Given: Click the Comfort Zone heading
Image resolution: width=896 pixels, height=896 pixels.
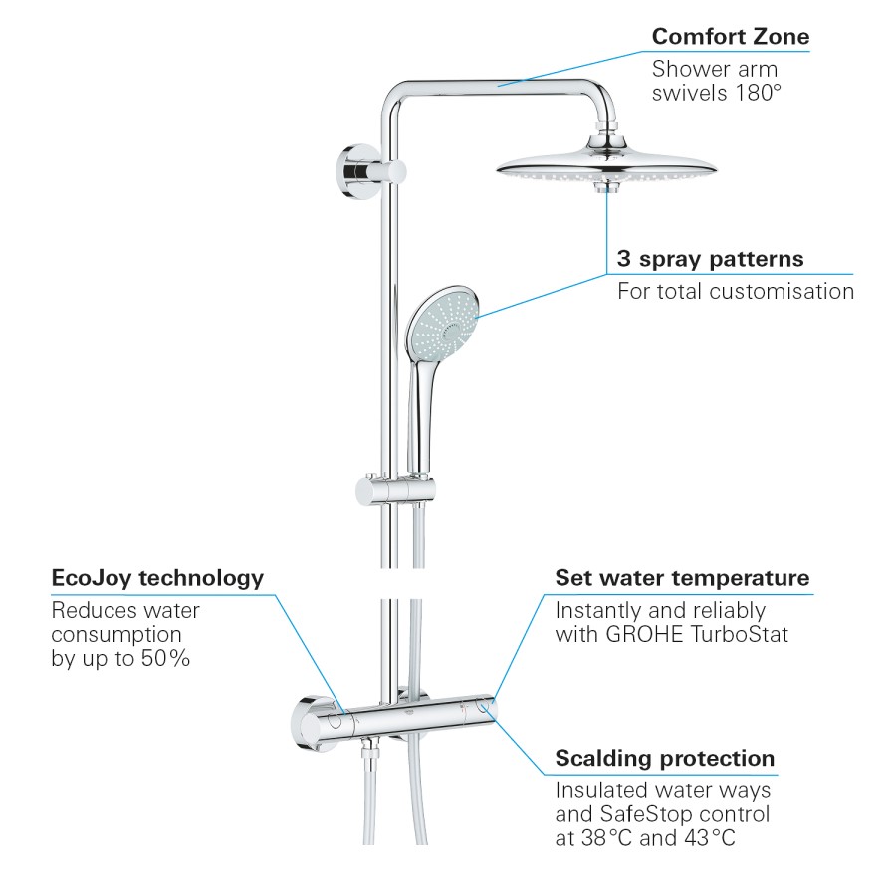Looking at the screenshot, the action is click(731, 37).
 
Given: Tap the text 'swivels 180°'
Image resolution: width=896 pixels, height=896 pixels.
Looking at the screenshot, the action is click(717, 93).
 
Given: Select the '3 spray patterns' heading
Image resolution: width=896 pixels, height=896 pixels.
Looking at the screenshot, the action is click(710, 259).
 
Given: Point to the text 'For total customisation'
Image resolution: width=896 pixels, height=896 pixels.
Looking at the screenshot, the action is click(736, 292).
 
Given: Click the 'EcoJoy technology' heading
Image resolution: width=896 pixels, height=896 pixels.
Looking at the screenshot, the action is click(157, 578).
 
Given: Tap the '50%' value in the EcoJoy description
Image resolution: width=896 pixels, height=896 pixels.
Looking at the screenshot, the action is click(165, 658).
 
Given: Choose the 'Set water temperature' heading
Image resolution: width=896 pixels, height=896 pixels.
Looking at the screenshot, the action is click(682, 578).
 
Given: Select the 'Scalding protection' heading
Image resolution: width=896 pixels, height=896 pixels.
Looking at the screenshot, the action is click(665, 759).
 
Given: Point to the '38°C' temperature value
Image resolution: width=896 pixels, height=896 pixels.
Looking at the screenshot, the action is click(607, 838).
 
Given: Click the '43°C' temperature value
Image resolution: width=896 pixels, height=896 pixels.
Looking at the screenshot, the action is click(710, 838).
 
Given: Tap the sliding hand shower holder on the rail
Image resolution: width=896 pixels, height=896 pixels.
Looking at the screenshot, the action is click(395, 490).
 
